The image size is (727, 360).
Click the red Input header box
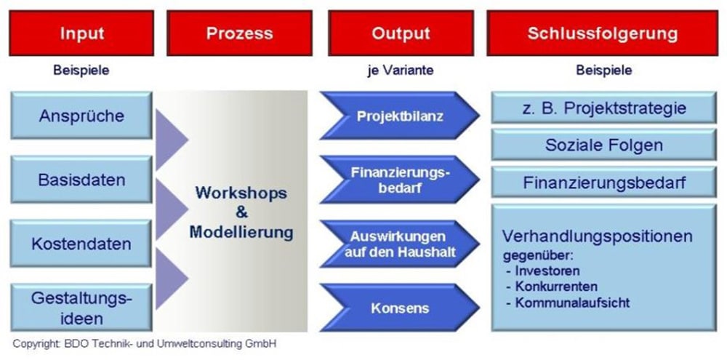[x=81, y=33]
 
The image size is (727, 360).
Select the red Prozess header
[x=239, y=33]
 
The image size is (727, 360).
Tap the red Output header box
[x=401, y=33]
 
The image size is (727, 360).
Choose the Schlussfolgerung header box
[x=602, y=33]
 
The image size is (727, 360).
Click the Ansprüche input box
[x=81, y=116]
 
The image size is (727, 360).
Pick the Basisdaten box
[x=81, y=179]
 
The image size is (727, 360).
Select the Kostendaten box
[x=81, y=243]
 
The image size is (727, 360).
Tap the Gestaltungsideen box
[x=81, y=307]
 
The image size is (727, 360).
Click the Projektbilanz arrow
[x=400, y=116]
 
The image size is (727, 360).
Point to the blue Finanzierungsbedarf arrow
[x=400, y=180]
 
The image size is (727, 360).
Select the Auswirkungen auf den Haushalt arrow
[x=400, y=244]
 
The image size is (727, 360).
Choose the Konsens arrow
[x=400, y=308]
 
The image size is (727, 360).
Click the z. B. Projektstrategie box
[x=603, y=108]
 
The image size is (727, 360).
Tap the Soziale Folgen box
[x=603, y=145]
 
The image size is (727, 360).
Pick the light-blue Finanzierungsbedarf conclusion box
[x=603, y=183]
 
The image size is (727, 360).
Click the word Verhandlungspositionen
[x=598, y=236]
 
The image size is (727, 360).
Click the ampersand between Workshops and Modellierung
[x=241, y=212]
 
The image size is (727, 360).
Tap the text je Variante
[x=401, y=71]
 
